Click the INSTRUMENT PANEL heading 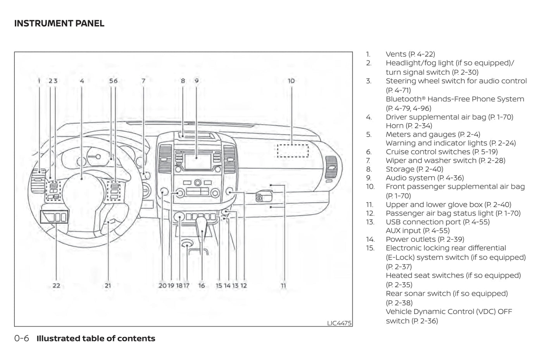pyautogui.click(x=59, y=24)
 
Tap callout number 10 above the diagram pyautogui.click(x=291, y=81)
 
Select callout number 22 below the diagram pyautogui.click(x=57, y=286)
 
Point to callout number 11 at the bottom pyautogui.click(x=283, y=286)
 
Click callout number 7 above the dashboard pyautogui.click(x=143, y=81)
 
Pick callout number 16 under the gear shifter pyautogui.click(x=202, y=286)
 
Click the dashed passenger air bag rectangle pyautogui.click(x=293, y=151)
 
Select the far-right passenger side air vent pyautogui.click(x=331, y=167)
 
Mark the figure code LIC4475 pyautogui.click(x=339, y=323)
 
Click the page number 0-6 pyautogui.click(x=22, y=338)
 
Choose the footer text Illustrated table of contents pyautogui.click(x=96, y=338)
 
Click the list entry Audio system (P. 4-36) pyautogui.click(x=425, y=178)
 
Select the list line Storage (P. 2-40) pyautogui.click(x=414, y=169)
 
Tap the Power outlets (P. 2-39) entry pyautogui.click(x=425, y=239)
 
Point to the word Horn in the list pyautogui.click(x=395, y=126)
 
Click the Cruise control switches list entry pyautogui.click(x=441, y=152)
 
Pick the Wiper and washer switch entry pyautogui.click(x=445, y=160)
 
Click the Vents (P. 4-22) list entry pyautogui.click(x=410, y=54)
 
